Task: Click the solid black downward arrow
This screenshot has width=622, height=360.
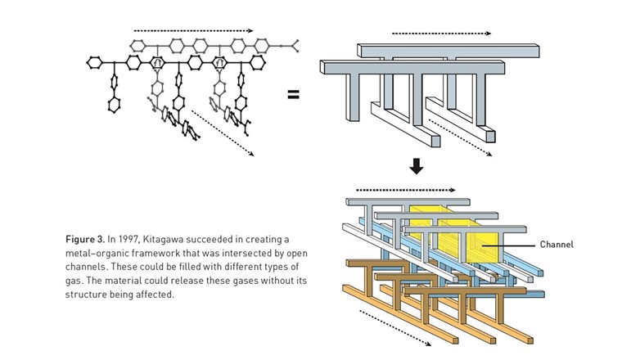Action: [417, 166]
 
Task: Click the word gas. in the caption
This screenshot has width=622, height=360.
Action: [76, 281]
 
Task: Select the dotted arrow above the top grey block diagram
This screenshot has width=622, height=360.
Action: [441, 34]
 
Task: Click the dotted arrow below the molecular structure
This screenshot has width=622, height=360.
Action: [223, 130]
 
